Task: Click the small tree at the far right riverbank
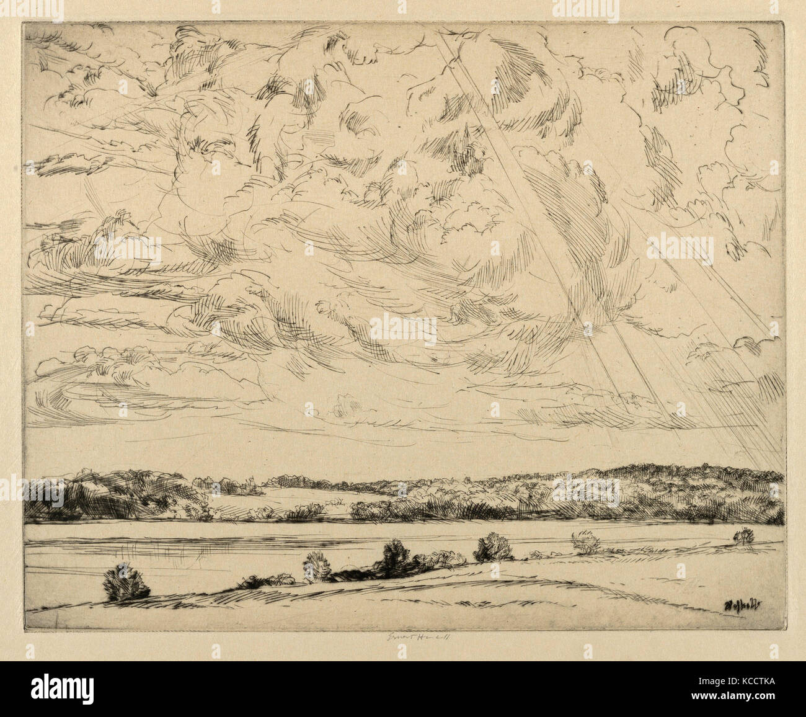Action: tap(743, 535)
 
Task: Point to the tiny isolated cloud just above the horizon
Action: tap(345, 406)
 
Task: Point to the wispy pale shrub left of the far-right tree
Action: tap(586, 542)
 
